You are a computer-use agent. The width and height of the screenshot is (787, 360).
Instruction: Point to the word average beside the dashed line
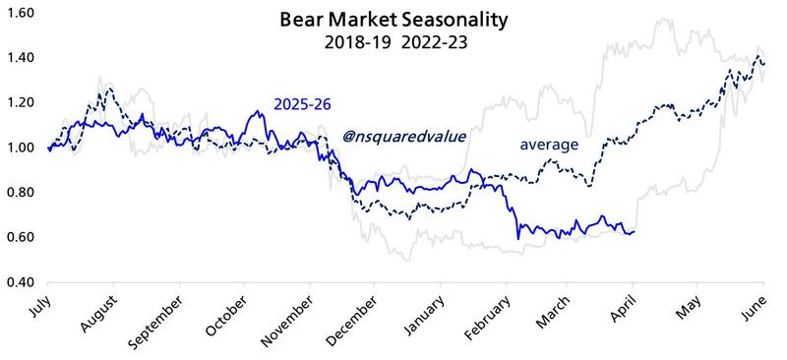[549, 145]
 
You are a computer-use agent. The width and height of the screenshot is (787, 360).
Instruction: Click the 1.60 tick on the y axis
[22, 14]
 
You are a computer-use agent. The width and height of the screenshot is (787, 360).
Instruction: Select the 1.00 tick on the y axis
[22, 148]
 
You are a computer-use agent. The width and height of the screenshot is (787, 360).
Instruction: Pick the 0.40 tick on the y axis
[22, 282]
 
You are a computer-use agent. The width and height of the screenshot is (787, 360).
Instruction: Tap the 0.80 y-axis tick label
[22, 193]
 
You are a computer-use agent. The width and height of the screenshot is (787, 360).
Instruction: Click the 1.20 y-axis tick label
[22, 103]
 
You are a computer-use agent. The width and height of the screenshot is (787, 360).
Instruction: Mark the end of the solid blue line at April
[634, 231]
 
